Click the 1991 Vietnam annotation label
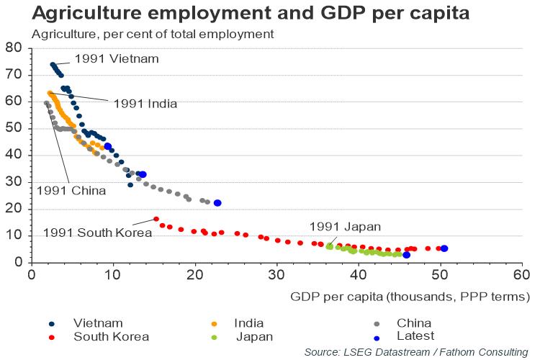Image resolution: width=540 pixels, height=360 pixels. tap(117, 59)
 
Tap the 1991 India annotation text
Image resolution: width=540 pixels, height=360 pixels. tap(145, 103)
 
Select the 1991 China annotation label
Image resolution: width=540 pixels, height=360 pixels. tap(71, 191)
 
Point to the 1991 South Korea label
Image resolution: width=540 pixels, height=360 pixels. tap(97, 233)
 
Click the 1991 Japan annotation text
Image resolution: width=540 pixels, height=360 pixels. tap(345, 227)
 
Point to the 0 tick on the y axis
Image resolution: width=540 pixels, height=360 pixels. tap(19, 262)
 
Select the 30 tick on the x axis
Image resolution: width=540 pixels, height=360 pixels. tap(276, 275)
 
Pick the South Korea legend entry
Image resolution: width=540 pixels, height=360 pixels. tap(110, 336)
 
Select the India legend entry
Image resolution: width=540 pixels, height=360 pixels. tap(248, 323)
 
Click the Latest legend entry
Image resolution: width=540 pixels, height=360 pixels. tap(415, 336)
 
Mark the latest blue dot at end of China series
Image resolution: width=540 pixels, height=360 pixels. tap(217, 203)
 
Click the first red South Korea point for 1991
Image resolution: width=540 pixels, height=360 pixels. tap(156, 219)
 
